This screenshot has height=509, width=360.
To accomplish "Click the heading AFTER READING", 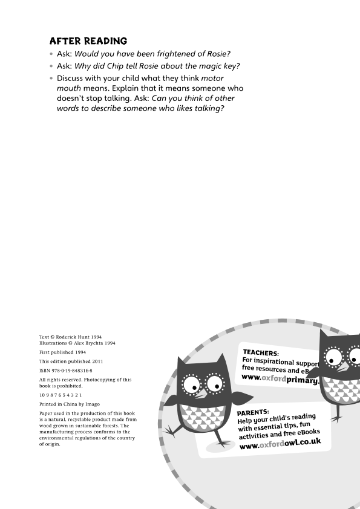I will pyautogui.click(x=88, y=41).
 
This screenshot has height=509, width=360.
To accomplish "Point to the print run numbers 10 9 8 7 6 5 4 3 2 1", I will pyautogui.click(x=61, y=394).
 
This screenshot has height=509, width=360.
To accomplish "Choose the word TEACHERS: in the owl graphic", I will pyautogui.click(x=261, y=352).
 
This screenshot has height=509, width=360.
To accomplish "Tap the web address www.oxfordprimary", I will pyautogui.click(x=280, y=379).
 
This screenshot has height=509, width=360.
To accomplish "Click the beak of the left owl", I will pyautogui.click(x=201, y=393).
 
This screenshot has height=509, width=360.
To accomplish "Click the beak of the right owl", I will pyautogui.click(x=342, y=367).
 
